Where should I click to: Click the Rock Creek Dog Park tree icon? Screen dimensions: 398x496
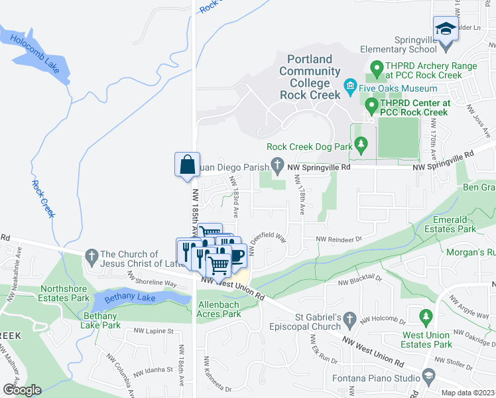click(361, 143)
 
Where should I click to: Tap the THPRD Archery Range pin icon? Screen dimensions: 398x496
click(377, 67)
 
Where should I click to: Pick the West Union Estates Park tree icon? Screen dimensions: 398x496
click(425, 314)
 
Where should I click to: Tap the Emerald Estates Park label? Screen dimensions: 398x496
click(453, 224)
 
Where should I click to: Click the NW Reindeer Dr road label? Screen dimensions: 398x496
click(339, 239)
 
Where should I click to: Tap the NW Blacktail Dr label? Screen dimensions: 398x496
click(361, 283)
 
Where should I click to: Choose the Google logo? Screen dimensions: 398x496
click(22, 389)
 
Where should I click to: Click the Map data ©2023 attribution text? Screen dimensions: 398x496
click(469, 393)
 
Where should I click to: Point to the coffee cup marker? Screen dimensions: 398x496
click(237, 254)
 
